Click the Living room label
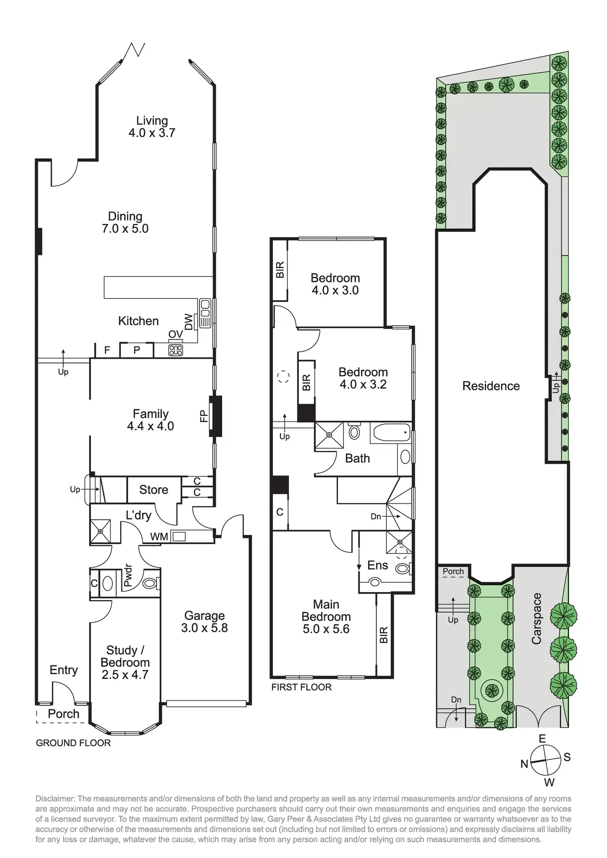pos(152,120)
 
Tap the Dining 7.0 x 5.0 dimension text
pos(125,229)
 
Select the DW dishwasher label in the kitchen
pos(188,322)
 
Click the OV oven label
pos(176,334)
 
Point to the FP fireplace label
pos(204,416)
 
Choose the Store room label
pos(154,490)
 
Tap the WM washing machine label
pos(159,537)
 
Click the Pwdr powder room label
pos(128,576)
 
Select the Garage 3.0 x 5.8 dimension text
pos(204,628)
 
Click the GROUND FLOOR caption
pos(73,743)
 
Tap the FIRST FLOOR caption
pos(301,687)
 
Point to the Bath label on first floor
pos(358,459)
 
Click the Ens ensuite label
pos(378,566)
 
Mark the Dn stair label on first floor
pos(376,516)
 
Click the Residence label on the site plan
pos(491,386)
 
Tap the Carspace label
pos(537,618)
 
